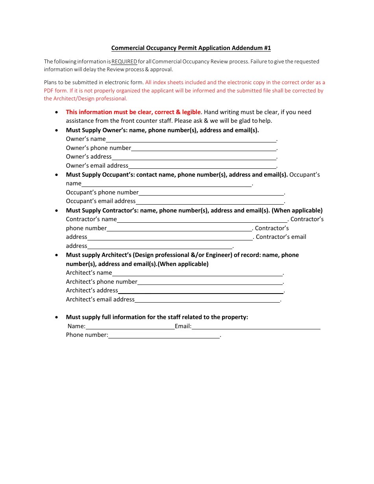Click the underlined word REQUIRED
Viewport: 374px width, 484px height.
pyautogui.click(x=124, y=61)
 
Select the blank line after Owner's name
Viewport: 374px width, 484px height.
pyautogui.click(x=191, y=139)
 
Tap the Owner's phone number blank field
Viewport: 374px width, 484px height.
pyautogui.click(x=204, y=148)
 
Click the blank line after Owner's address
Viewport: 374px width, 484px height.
pyautogui.click(x=194, y=157)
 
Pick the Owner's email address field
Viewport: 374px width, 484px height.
pyautogui.click(x=202, y=166)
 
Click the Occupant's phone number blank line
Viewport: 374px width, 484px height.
pyautogui.click(x=211, y=193)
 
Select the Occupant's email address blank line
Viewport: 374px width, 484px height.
pyautogui.click(x=209, y=201)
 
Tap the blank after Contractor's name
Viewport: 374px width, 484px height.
pyautogui.click(x=202, y=220)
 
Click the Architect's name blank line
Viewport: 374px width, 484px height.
pyautogui.click(x=197, y=273)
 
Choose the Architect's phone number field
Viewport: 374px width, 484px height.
pyautogui.click(x=210, y=282)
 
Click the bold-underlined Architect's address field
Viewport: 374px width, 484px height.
pyautogui.click(x=201, y=291)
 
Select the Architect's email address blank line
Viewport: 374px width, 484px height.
pyautogui.click(x=207, y=300)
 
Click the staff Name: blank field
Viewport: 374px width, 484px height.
pyautogui.click(x=130, y=327)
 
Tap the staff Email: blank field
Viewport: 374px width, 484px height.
pyautogui.click(x=256, y=327)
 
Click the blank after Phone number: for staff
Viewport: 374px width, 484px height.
pyautogui.click(x=164, y=335)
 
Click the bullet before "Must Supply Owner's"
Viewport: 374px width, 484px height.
pyautogui.click(x=57, y=130)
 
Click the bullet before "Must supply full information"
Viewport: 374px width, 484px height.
pyautogui.click(x=57, y=317)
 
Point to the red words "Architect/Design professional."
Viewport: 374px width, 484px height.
pyautogui.click(x=85, y=99)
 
